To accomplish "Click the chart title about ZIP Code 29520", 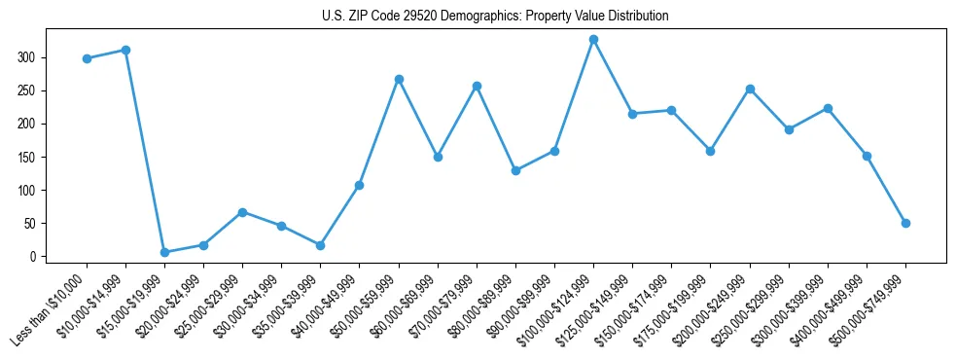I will tap(495, 17).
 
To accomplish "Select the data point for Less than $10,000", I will tap(87, 58).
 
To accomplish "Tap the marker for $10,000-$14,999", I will tap(125, 50).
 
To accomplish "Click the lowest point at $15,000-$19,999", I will tap(164, 252).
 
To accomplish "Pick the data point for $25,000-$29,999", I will tap(242, 212).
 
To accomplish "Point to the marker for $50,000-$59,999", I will tap(399, 79).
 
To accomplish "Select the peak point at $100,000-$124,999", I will tap(593, 39).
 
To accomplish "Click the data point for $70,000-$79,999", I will tap(477, 86).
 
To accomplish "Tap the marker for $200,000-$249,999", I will tap(750, 89).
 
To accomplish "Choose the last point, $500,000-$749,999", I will tap(905, 223).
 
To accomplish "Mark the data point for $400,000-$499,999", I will tap(867, 156).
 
